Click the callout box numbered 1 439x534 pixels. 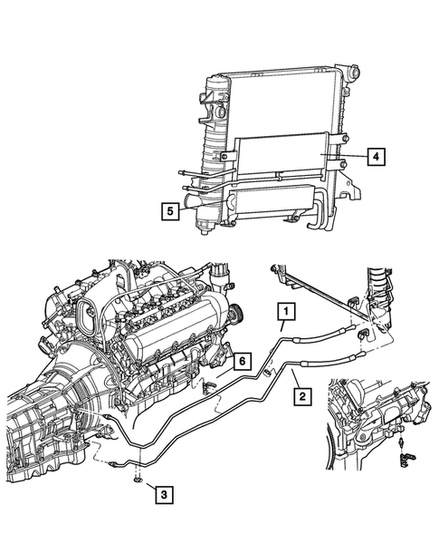click(285, 315)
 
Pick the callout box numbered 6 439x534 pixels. click(241, 361)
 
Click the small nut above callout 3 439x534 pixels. click(137, 477)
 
